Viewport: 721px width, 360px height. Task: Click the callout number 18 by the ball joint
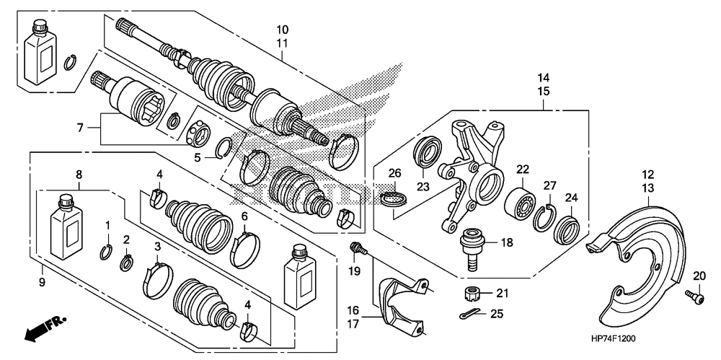pyautogui.click(x=507, y=243)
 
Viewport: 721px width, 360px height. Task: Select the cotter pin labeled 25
pyautogui.click(x=469, y=314)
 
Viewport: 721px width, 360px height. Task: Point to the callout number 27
pyautogui.click(x=549, y=185)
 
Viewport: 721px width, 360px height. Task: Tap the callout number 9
pyautogui.click(x=42, y=282)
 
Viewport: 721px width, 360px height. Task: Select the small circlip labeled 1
pyautogui.click(x=105, y=251)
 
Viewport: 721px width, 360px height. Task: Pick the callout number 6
pyautogui.click(x=245, y=216)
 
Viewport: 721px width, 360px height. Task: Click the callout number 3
pyautogui.click(x=157, y=247)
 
